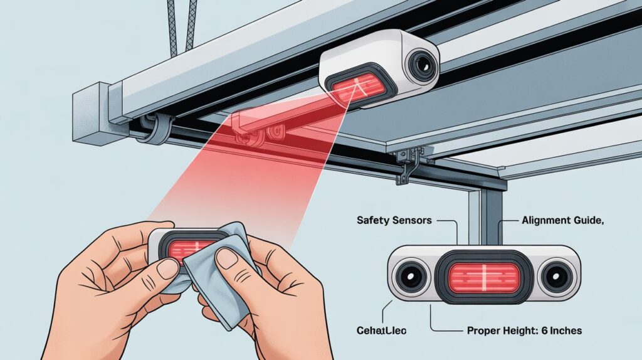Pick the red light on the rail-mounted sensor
tap(359, 84)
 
